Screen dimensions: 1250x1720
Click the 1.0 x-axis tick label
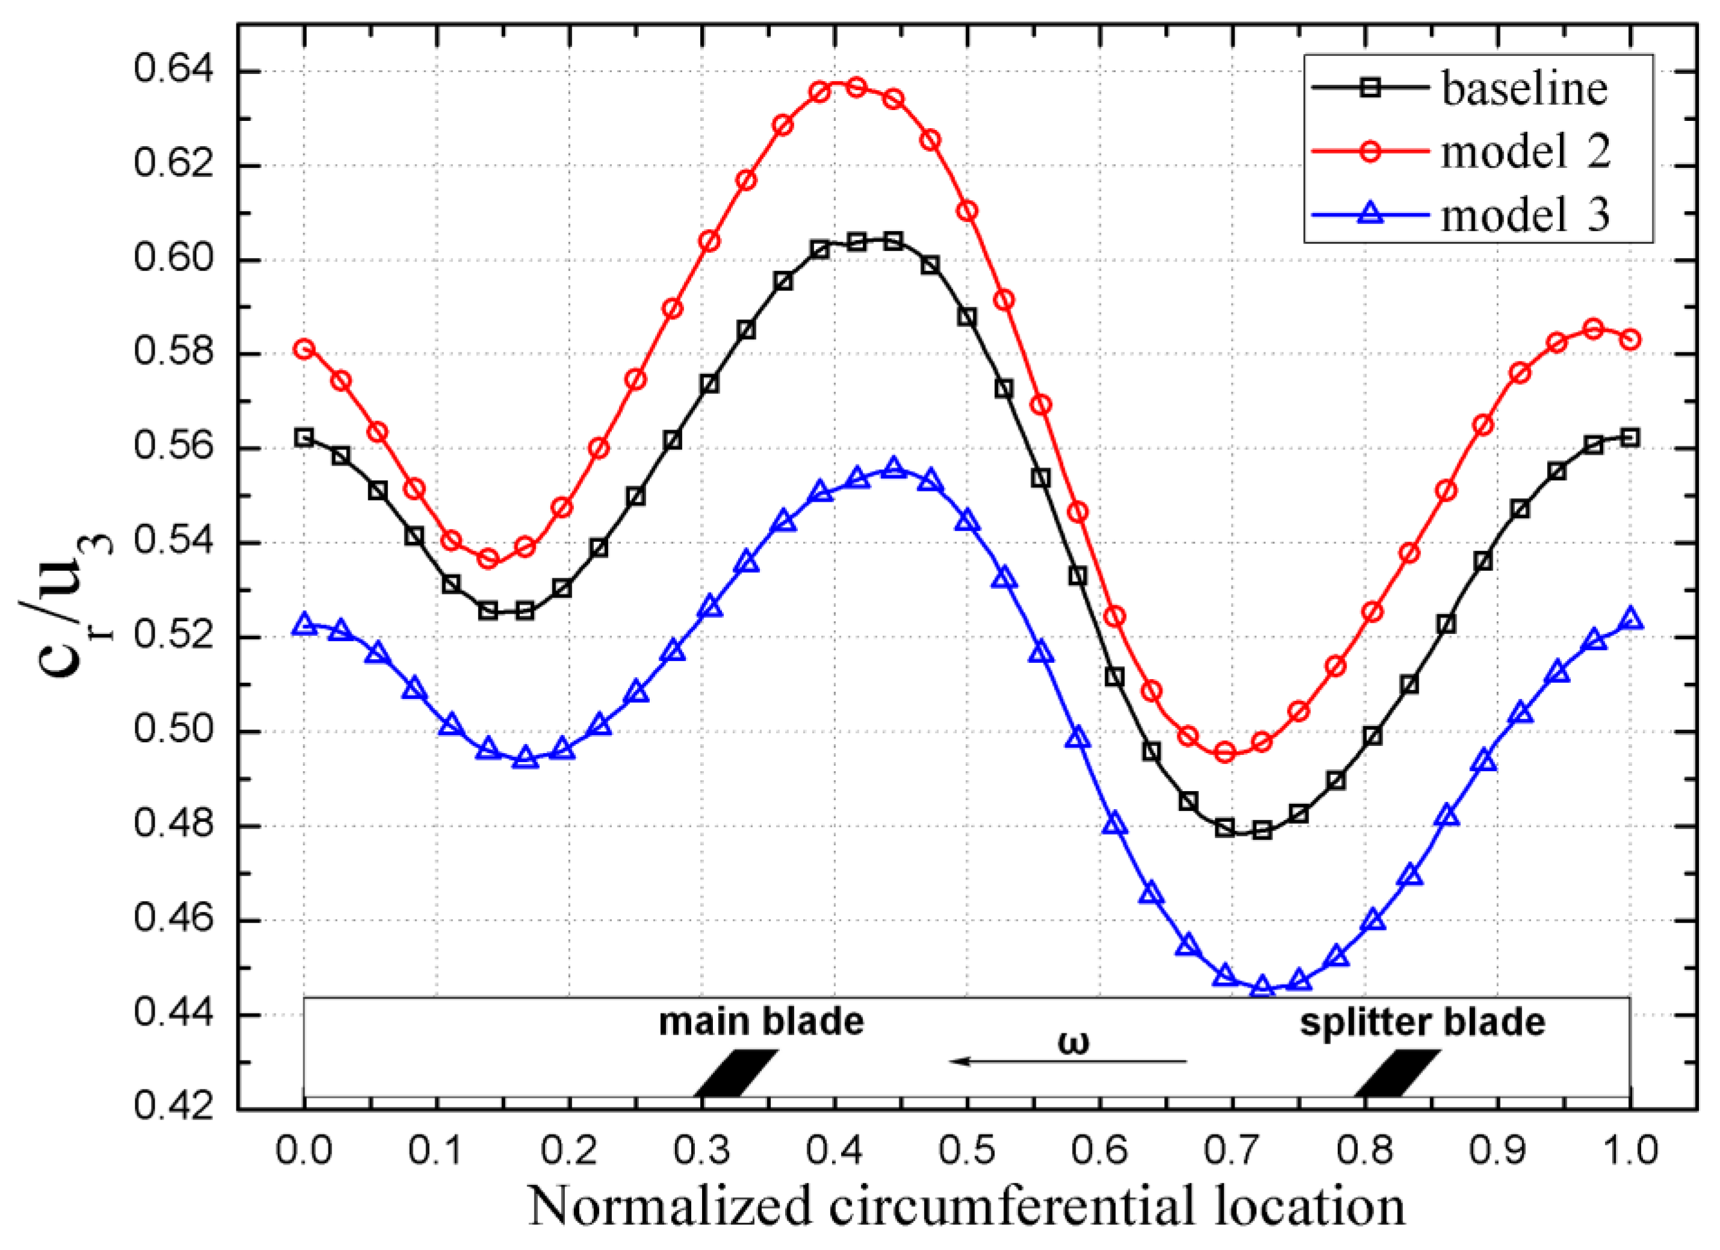coord(1630,1151)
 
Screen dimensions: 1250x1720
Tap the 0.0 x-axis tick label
coord(304,1151)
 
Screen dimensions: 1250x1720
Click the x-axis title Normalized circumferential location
coord(966,1207)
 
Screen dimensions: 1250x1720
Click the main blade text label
coord(760,1021)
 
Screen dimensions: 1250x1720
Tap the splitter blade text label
coord(1422,1021)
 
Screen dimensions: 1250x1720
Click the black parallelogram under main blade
coord(736,1073)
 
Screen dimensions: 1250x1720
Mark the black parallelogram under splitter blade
coord(1398,1073)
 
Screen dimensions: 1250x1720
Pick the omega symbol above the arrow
coord(1072,1043)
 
